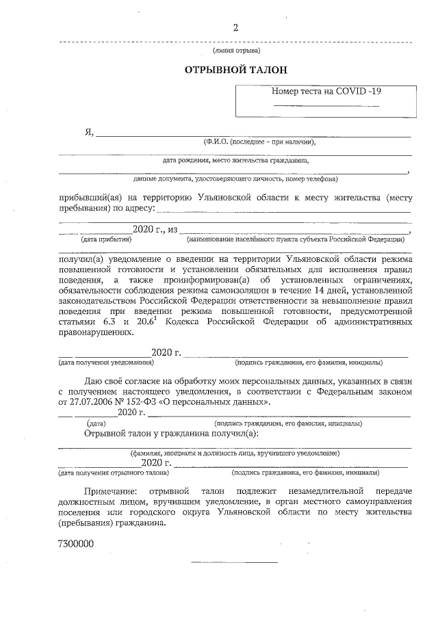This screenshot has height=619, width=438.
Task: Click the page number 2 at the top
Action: pyautogui.click(x=236, y=28)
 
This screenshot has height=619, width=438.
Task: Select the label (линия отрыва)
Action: pyautogui.click(x=236, y=51)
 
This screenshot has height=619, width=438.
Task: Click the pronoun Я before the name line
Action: pyautogui.click(x=88, y=132)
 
